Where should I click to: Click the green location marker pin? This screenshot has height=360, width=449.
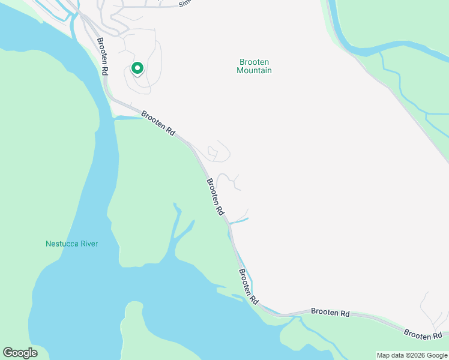pos(137,69)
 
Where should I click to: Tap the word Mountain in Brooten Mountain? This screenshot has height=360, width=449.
pos(254,71)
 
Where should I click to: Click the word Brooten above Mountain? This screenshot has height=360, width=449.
pos(254,62)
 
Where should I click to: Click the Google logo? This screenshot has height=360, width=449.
pos(20,353)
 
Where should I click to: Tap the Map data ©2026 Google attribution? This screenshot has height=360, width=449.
pos(412,355)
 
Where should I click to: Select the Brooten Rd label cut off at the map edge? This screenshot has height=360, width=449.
pos(425,333)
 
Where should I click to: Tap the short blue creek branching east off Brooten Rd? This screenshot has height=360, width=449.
pos(239,221)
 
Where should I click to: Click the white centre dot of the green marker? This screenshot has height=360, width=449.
pos(137,68)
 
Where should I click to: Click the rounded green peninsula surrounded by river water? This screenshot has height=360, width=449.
pos(133,330)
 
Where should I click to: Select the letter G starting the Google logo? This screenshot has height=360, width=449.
pos(8,353)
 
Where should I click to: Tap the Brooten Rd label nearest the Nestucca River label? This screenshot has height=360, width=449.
pos(214,197)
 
